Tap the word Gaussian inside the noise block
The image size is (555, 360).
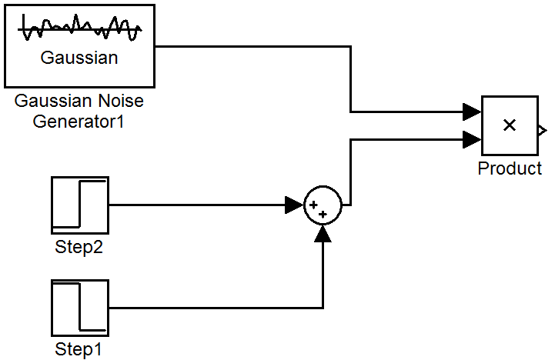[x=80, y=58]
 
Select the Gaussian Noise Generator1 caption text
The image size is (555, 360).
[x=79, y=111]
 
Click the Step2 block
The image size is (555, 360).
[x=80, y=205]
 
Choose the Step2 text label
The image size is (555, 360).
[x=79, y=247]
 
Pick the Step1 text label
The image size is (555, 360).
[x=79, y=349]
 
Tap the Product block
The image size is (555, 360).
[x=510, y=125]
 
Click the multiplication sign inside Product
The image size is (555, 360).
[x=509, y=125]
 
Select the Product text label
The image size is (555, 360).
[x=510, y=168]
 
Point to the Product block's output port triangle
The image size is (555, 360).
[x=542, y=128]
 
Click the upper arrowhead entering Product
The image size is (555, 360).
[x=473, y=112]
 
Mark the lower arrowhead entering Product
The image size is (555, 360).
[x=473, y=139]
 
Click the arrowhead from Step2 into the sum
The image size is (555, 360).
[x=294, y=205]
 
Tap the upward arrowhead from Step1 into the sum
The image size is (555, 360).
[x=323, y=234]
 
